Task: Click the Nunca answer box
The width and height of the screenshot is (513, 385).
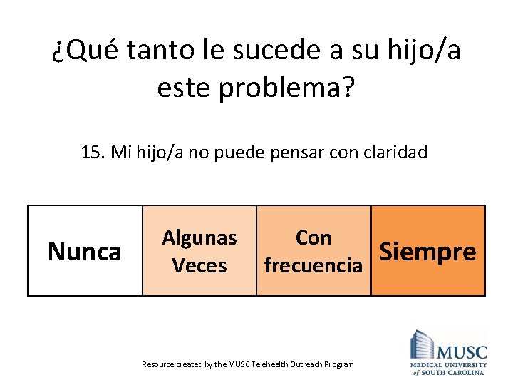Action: click(85, 251)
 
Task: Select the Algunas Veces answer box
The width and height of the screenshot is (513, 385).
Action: click(199, 251)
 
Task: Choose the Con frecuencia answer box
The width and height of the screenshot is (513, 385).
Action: click(313, 251)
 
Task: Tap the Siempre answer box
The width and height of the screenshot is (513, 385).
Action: click(428, 251)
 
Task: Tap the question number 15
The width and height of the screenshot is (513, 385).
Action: click(93, 153)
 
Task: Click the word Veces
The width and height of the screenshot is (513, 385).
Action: click(199, 265)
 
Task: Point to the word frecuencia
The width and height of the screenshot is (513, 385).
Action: click(313, 265)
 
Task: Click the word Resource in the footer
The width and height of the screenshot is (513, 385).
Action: click(157, 364)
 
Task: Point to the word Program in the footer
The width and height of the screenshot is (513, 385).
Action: click(338, 364)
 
